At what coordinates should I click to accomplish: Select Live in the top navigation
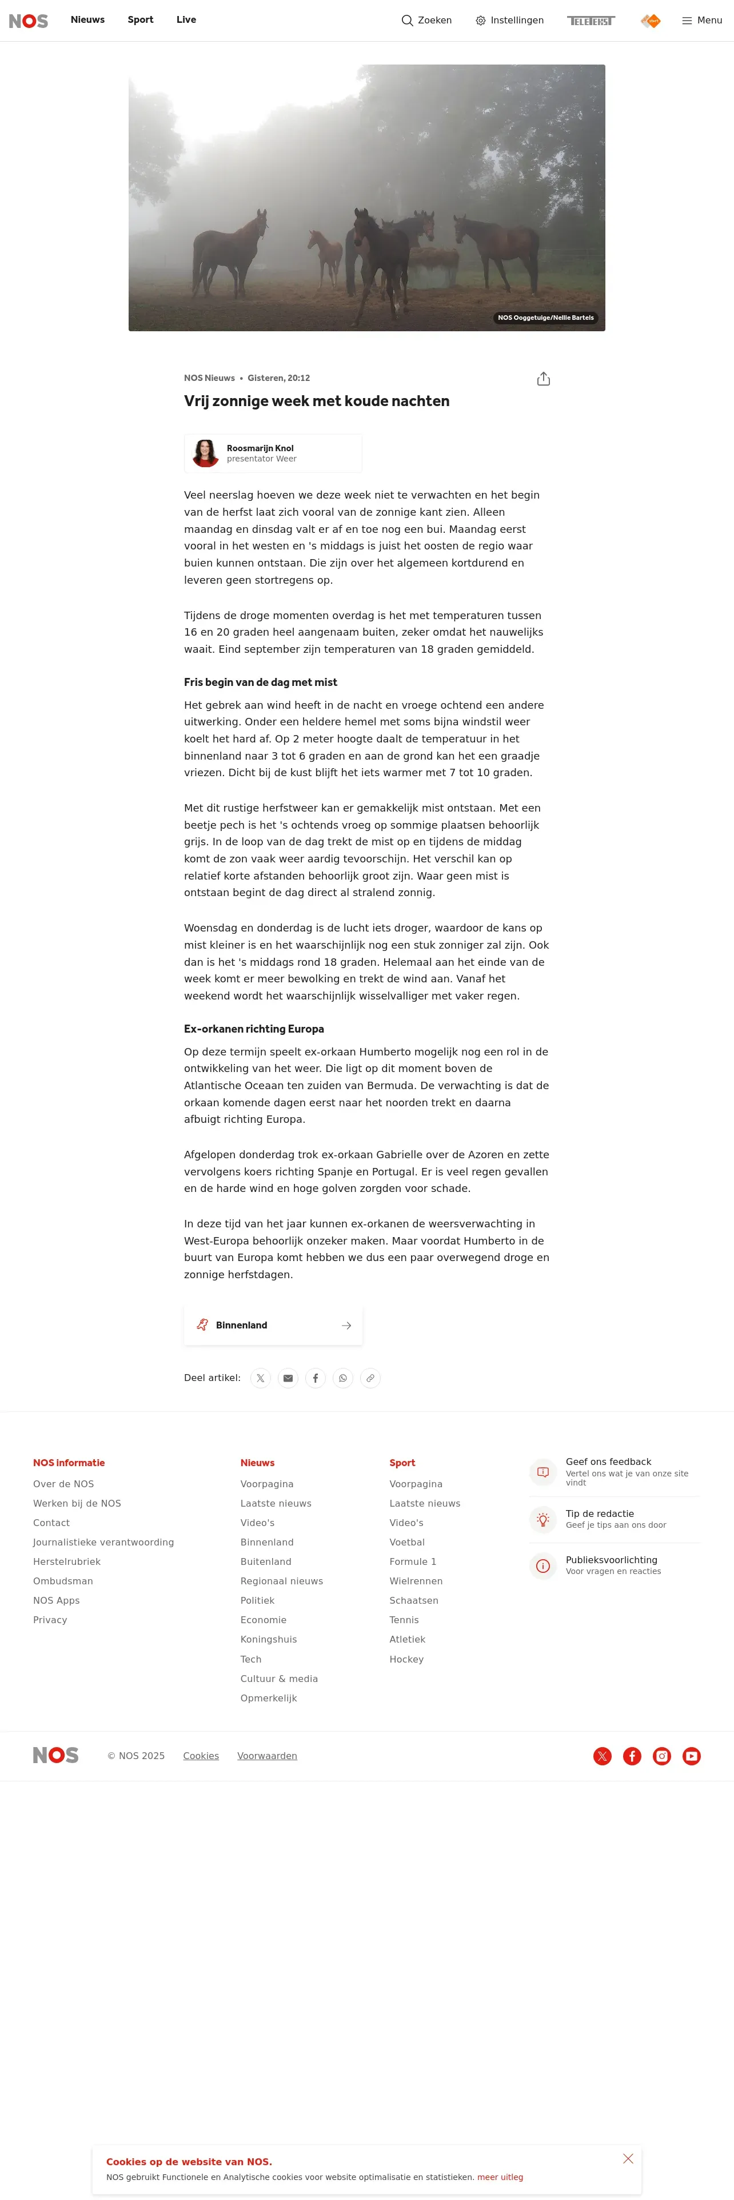click(186, 19)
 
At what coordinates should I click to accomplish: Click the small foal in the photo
click(326, 255)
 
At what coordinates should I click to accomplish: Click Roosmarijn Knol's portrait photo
click(205, 453)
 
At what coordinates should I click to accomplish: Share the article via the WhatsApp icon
click(342, 1378)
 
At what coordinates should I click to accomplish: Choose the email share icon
click(288, 1378)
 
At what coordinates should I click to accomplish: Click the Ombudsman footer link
click(63, 1581)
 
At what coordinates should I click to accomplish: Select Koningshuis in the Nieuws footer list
click(268, 1639)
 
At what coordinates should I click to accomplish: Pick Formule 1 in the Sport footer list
click(413, 1561)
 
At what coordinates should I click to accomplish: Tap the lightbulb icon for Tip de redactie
click(542, 1519)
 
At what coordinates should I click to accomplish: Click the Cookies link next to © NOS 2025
click(201, 1756)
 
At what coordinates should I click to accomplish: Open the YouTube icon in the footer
click(691, 1756)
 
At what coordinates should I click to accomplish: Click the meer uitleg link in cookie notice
click(500, 2177)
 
